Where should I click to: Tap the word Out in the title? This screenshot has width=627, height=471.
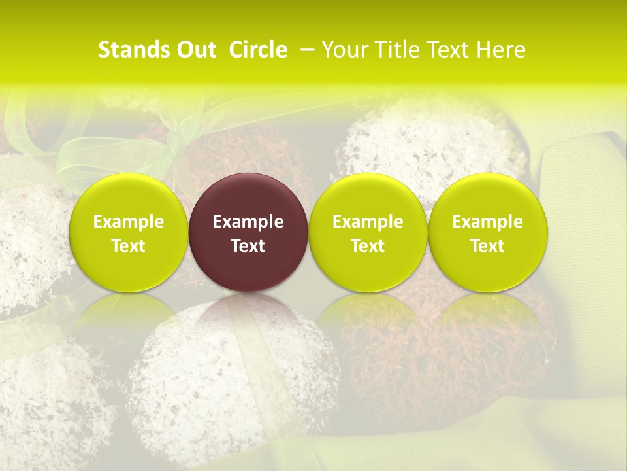coord(194,50)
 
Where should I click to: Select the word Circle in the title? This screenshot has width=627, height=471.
coord(258,50)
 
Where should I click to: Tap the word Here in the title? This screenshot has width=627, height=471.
coord(500,50)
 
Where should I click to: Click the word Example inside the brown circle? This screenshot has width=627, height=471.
coord(248,222)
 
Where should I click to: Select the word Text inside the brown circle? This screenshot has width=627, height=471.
coord(248,246)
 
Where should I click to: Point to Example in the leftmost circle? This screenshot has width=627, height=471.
coord(128,222)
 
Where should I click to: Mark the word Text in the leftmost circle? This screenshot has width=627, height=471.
coord(128,246)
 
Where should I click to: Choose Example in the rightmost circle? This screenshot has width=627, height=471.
coord(488,222)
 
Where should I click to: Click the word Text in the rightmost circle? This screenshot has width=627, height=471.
coord(488,246)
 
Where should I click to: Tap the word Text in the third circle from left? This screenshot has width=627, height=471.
coord(368,246)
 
